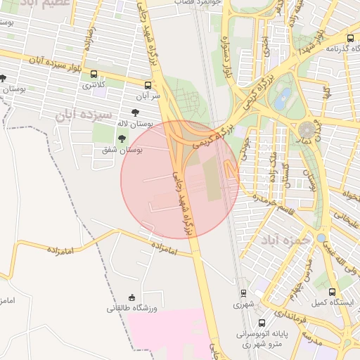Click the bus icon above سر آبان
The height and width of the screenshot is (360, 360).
(147, 84)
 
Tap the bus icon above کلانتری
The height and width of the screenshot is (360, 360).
(94, 74)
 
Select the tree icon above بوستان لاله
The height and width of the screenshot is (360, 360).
(135, 112)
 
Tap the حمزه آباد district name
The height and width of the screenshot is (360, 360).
(285, 240)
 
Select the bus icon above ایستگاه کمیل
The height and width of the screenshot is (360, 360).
(332, 290)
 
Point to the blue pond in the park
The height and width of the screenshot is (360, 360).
(283, 98)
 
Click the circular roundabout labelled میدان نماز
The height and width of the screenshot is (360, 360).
(307, 129)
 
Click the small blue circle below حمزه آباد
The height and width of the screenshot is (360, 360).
(321, 238)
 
